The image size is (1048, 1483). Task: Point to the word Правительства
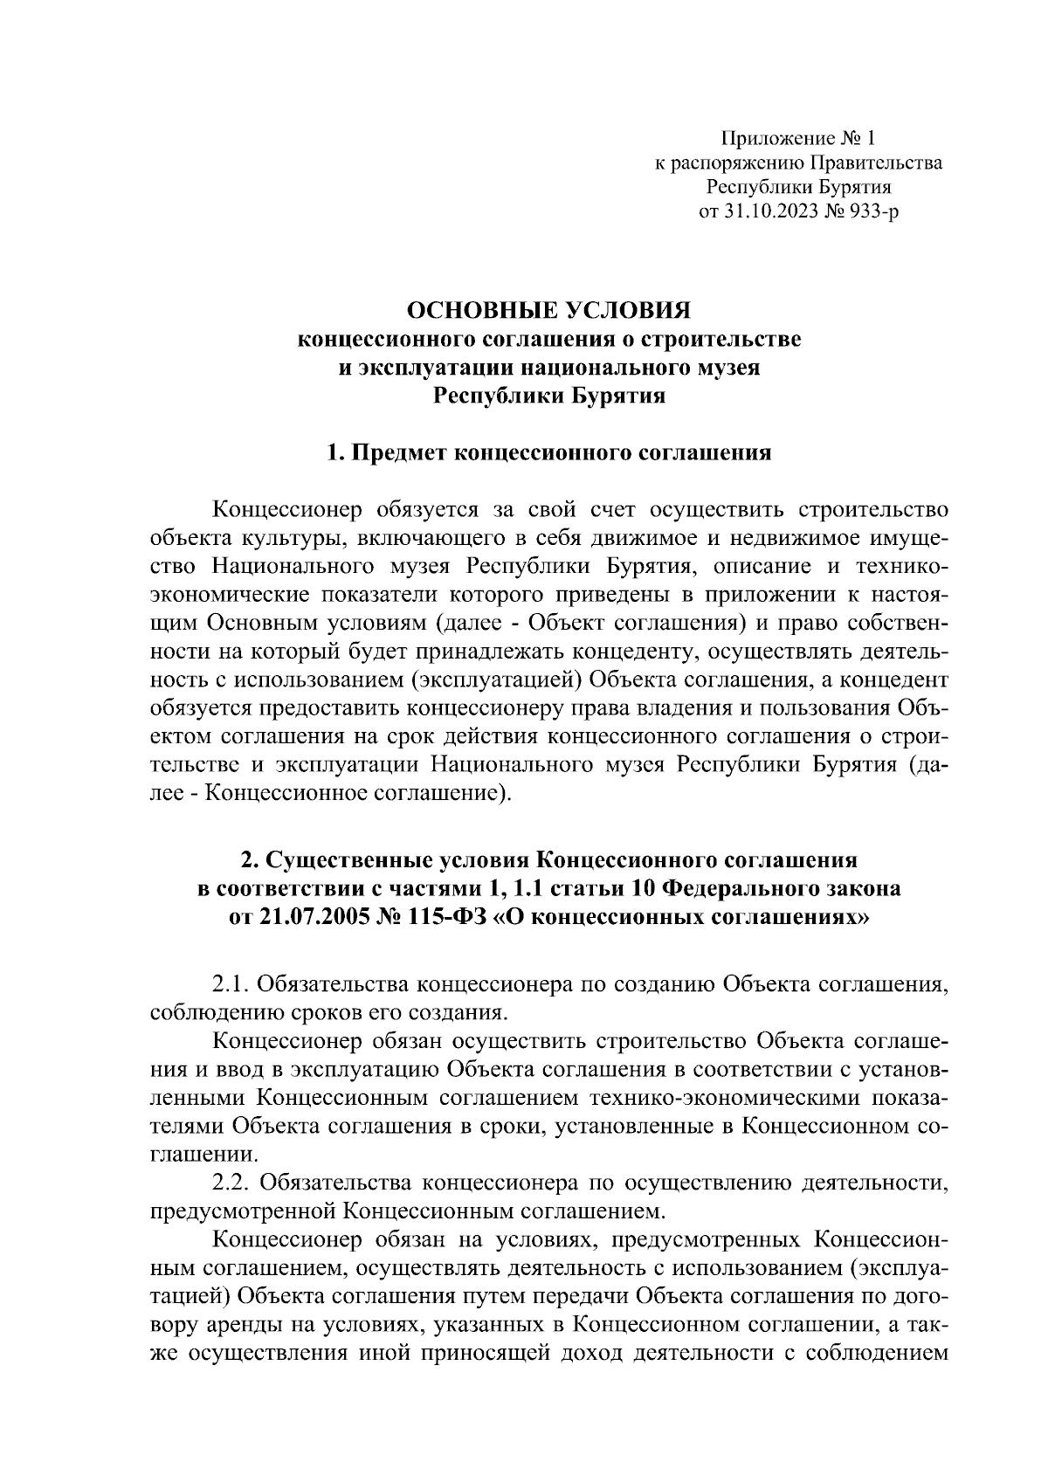(877, 162)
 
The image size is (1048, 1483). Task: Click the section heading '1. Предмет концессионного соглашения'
(549, 453)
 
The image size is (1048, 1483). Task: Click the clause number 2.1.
(231, 984)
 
